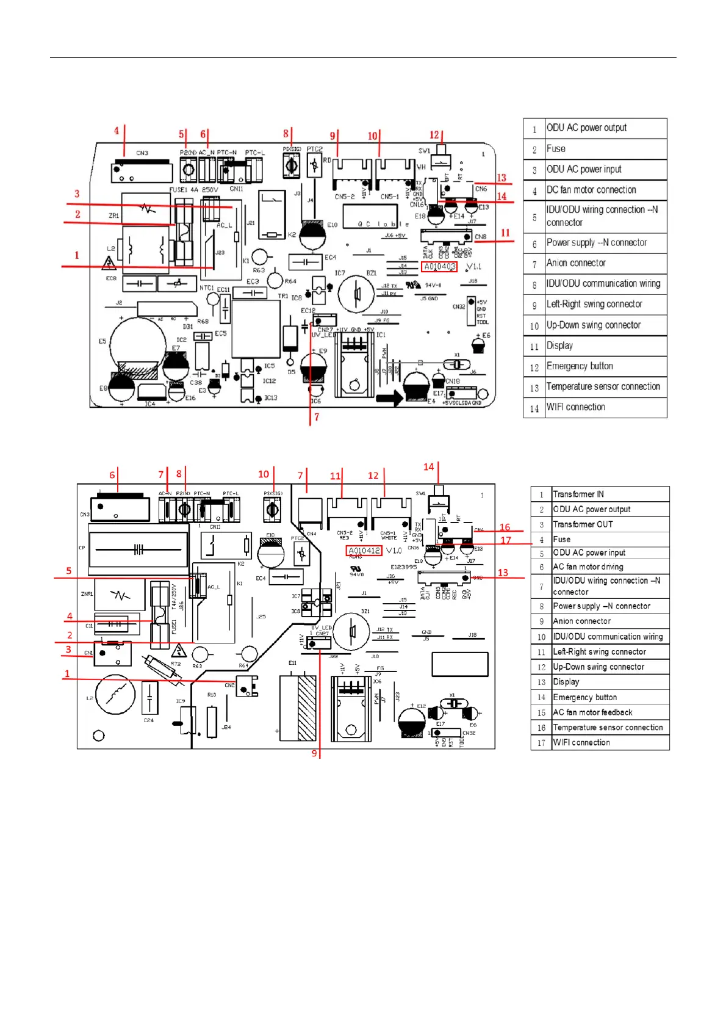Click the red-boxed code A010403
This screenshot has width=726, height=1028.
(439, 267)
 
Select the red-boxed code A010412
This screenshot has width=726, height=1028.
(364, 551)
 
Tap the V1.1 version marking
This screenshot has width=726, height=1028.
(473, 267)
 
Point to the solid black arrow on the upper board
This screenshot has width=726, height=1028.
(389, 399)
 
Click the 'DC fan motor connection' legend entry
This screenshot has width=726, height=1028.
(591, 190)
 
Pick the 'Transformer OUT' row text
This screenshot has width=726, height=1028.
(582, 524)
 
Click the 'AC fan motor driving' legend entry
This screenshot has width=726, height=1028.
(588, 567)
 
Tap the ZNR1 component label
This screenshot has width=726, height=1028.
(87, 593)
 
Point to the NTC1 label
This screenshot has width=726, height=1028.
(207, 288)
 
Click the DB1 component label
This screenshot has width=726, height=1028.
(188, 327)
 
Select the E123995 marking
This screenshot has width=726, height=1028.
(404, 567)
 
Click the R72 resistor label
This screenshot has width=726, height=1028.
(176, 664)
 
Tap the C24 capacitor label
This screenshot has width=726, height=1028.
(149, 720)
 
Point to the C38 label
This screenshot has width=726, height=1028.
(195, 383)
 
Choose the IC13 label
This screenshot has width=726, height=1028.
(270, 397)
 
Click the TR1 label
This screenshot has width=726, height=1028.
(283, 296)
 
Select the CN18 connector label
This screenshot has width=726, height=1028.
(453, 381)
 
